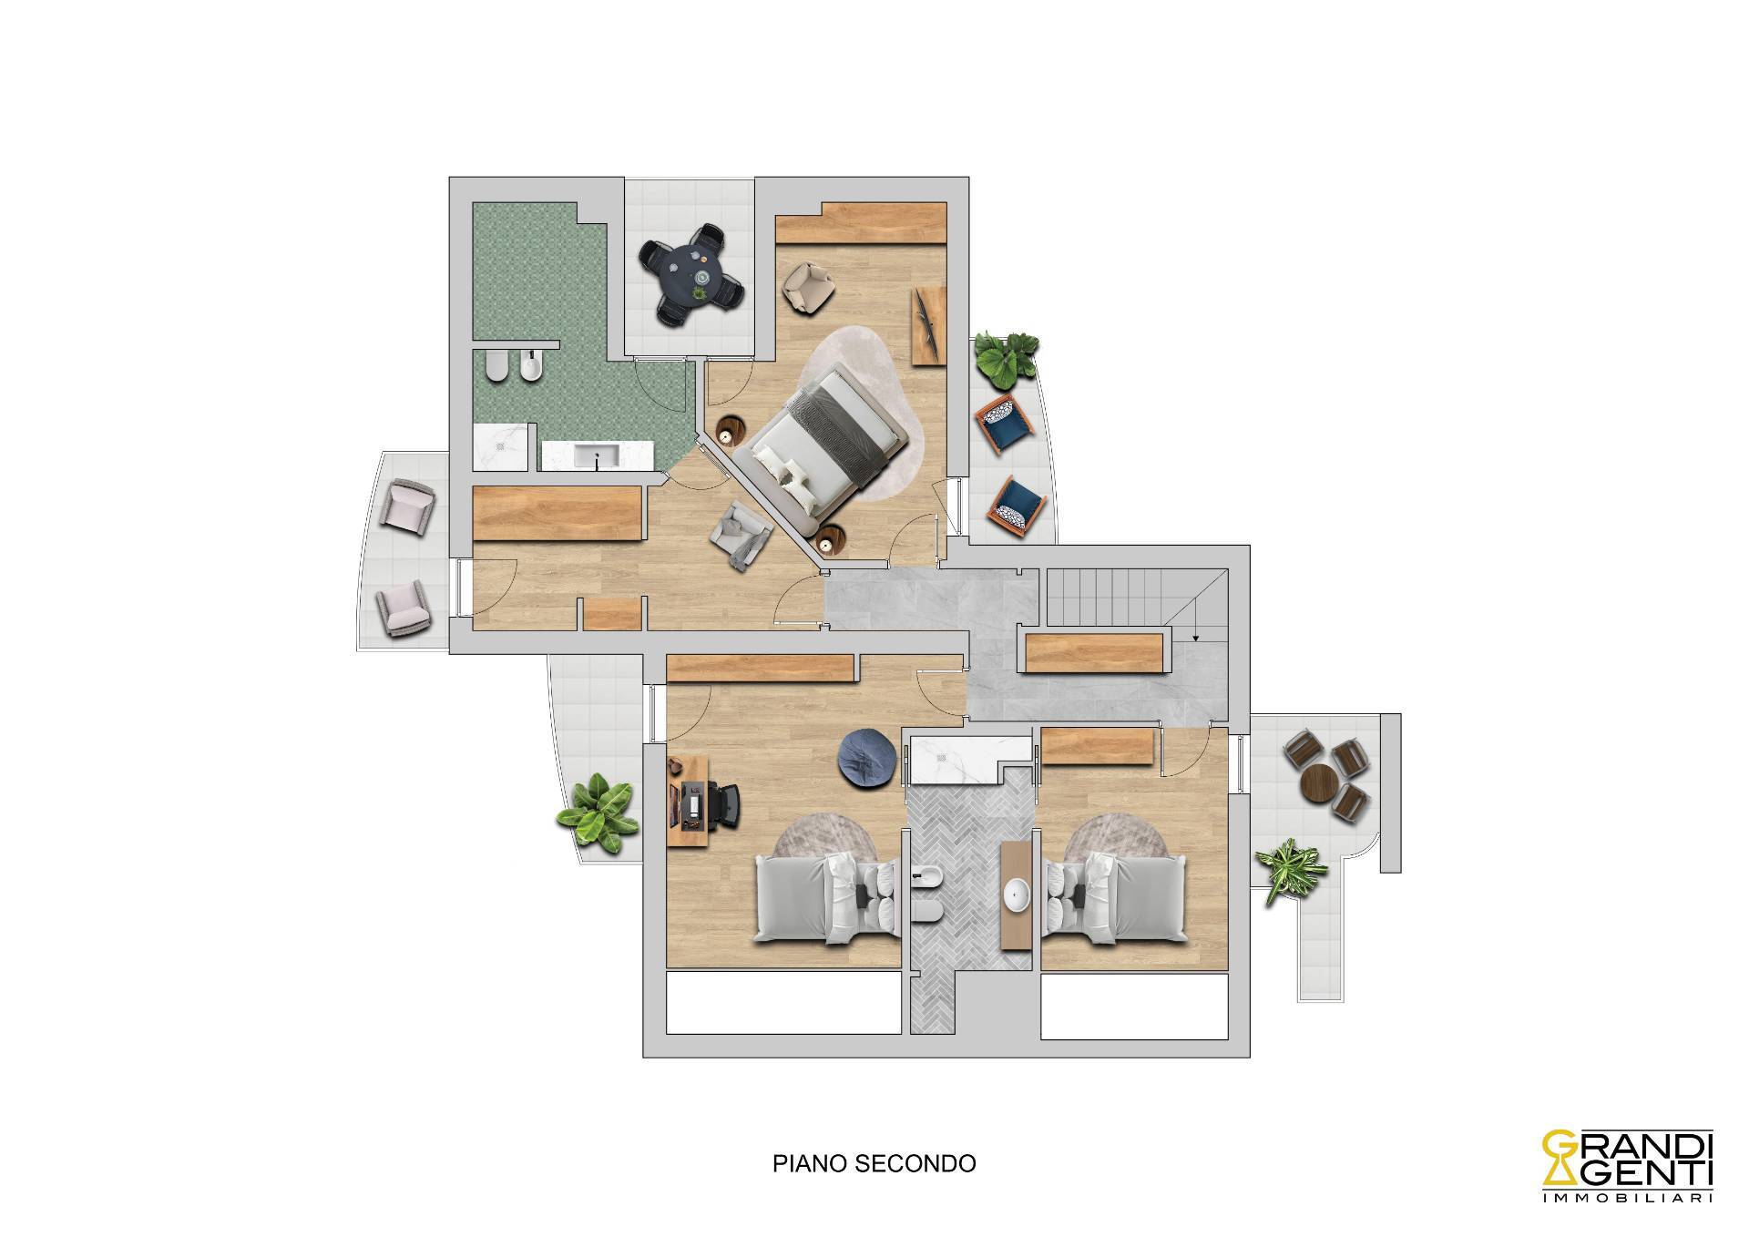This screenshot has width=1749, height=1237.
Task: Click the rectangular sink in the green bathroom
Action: [598, 455]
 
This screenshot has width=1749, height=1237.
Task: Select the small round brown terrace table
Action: [1318, 782]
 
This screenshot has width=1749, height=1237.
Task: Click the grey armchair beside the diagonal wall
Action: [742, 537]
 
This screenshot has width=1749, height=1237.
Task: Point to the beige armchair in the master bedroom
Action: [809, 286]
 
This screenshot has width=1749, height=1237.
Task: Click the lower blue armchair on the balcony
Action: [1017, 503]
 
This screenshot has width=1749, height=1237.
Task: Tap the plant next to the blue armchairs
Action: [1006, 355]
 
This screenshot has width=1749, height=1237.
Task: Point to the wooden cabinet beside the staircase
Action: [1094, 653]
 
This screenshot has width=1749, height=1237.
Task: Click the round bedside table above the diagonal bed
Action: [732, 429]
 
